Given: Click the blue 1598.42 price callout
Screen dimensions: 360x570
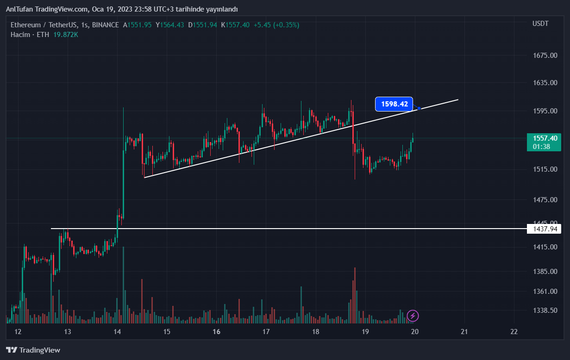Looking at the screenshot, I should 394,105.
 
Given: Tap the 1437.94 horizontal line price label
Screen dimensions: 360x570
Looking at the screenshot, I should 544,229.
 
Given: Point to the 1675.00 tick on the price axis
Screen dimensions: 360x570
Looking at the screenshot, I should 545,56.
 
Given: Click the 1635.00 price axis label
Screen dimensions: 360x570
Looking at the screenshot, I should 545,83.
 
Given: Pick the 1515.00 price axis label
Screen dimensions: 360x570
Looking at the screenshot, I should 545,169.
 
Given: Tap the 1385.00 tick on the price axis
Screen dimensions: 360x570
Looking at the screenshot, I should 545,271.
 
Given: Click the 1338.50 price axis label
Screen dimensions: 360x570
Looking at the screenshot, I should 545,310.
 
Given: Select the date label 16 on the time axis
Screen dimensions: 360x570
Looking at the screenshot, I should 216,332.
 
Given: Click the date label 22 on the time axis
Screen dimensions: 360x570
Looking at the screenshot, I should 514,332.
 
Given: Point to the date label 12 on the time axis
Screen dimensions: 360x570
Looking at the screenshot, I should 18,332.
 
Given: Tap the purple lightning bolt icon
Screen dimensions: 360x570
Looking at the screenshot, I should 413,316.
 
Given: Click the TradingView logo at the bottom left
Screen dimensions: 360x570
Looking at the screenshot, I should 33,350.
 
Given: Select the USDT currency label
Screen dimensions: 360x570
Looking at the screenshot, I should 540,24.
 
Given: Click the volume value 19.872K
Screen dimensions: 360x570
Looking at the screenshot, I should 65,35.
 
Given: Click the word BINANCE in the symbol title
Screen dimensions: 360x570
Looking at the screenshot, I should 105,25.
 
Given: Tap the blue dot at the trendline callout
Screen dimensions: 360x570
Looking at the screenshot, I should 419,109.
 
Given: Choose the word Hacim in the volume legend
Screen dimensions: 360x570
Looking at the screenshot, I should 20,35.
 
